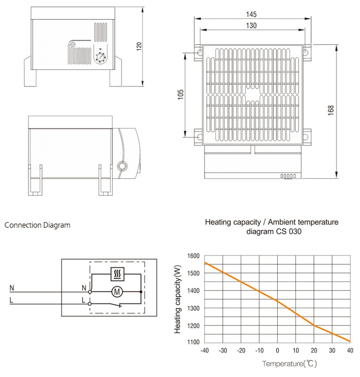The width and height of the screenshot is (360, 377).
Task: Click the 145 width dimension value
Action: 251,14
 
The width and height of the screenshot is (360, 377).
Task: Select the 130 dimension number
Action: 251,25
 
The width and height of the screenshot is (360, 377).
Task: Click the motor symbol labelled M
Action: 118,292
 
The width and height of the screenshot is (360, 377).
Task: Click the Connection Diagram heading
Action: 37,225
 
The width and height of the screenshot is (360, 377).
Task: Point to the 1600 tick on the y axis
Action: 193,256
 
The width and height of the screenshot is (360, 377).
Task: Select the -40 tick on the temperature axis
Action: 204,350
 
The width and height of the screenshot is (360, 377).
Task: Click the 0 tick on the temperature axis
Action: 278,350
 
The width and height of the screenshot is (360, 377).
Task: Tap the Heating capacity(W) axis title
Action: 178,300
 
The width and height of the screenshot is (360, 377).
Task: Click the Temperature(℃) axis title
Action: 289,364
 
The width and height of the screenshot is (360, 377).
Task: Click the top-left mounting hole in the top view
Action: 199,53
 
